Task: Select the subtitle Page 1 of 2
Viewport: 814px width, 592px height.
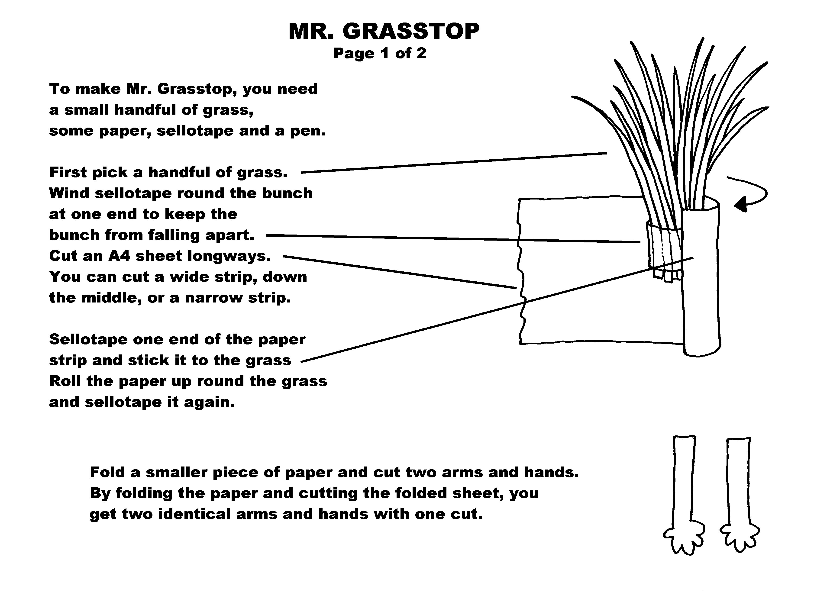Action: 380,53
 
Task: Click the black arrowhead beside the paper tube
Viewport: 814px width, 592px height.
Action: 740,205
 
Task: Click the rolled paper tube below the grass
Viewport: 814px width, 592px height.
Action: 701,276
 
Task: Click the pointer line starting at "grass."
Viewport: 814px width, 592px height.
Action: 454,163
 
